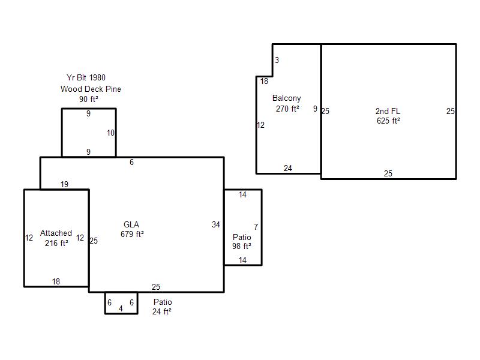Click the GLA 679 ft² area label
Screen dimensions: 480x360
click(x=132, y=229)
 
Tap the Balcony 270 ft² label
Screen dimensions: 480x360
click(x=287, y=103)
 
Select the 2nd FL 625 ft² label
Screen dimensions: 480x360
click(x=388, y=116)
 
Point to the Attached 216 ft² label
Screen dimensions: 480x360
click(x=56, y=238)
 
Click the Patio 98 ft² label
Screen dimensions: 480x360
click(x=242, y=242)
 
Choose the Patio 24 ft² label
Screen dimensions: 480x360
click(x=162, y=307)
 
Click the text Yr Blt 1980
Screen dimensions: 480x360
click(x=86, y=78)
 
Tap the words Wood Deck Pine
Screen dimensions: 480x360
click(x=91, y=89)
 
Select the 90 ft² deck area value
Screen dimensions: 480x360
click(x=89, y=99)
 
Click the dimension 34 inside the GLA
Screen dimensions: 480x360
click(x=216, y=224)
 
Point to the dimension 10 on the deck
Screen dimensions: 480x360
click(x=110, y=133)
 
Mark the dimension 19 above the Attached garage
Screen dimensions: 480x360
click(x=64, y=184)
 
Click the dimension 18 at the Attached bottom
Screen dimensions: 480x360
click(x=56, y=281)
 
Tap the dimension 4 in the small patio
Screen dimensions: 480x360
click(x=121, y=308)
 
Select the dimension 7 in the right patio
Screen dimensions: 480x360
click(x=256, y=227)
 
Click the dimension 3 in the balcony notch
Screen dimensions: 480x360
click(x=277, y=61)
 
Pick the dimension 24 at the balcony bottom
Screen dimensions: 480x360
click(x=288, y=168)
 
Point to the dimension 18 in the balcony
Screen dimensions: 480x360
click(x=264, y=81)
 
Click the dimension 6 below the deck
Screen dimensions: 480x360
click(x=131, y=162)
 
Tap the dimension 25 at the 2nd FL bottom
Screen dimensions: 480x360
click(x=388, y=173)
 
